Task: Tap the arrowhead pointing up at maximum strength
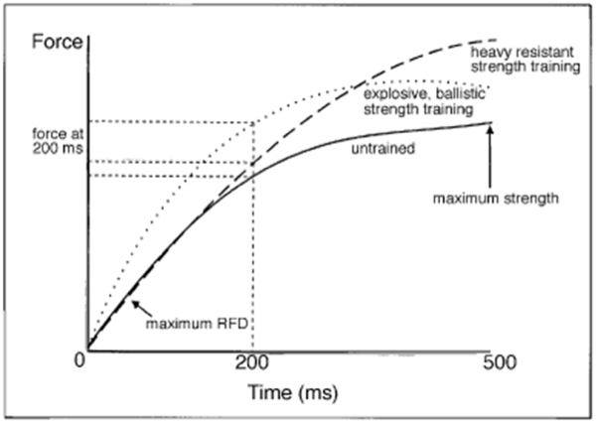[x=491, y=124]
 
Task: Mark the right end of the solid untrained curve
[x=493, y=122]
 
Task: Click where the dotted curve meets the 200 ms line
[x=255, y=122]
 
